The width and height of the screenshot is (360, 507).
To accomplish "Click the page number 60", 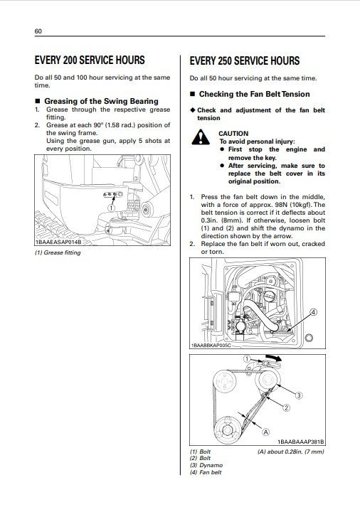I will point(38,31).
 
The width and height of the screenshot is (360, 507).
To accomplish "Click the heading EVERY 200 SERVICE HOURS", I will point(90,60).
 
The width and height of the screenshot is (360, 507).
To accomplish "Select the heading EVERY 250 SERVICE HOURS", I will point(244,61).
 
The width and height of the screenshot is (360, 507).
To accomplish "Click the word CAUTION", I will point(233,133).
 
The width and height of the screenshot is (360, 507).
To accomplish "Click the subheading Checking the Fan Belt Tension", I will point(254,94).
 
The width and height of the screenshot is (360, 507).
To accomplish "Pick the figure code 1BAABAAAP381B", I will point(300,442).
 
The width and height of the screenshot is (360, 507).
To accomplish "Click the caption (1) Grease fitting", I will point(58,252).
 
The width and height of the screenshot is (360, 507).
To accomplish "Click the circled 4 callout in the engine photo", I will point(313,312).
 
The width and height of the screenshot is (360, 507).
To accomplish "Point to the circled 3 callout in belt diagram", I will point(299,395).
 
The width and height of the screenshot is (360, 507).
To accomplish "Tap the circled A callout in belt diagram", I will point(266,431).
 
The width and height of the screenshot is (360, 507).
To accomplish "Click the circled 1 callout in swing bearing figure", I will point(112,208).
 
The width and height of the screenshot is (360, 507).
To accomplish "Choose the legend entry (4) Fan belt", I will point(206,472).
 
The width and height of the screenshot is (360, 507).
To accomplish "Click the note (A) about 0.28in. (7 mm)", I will point(290,452).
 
